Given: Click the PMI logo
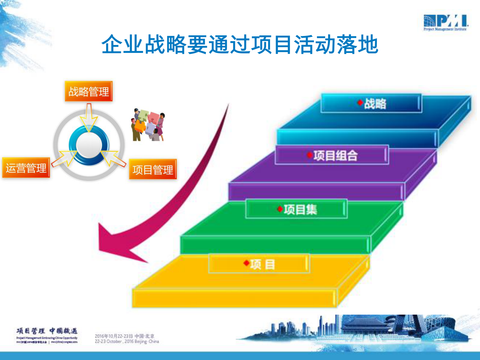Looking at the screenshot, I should (x=446, y=22).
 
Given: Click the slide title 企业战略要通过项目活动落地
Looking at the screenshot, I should (x=240, y=44).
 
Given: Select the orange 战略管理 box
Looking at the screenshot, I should (x=89, y=91).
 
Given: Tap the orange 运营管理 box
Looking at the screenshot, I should (x=26, y=168).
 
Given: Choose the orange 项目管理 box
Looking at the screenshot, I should (x=153, y=169).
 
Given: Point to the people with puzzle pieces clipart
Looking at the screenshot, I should (x=148, y=125).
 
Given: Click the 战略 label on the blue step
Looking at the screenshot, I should (x=375, y=103).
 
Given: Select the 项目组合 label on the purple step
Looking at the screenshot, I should (x=335, y=155).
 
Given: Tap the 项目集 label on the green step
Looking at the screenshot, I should (x=300, y=209).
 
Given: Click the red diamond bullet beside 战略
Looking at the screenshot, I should (x=360, y=103).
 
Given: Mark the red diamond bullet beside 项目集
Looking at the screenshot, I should (x=280, y=209).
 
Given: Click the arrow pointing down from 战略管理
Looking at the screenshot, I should (x=89, y=118).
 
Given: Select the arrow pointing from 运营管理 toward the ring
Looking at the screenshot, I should (x=64, y=158).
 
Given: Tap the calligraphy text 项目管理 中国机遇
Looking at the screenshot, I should (x=47, y=331).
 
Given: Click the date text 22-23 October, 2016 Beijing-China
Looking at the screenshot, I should (x=127, y=341).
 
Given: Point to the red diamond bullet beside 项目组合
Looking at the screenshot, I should (x=310, y=155).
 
